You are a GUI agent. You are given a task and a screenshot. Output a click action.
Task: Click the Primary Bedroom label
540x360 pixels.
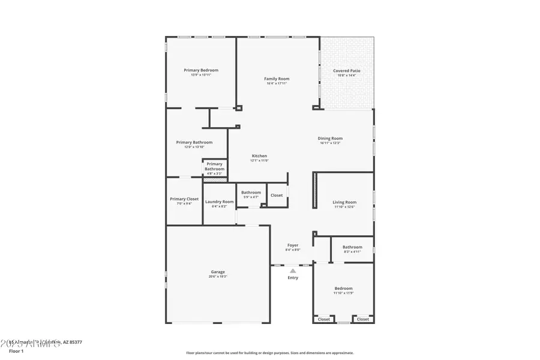[x=201, y=70]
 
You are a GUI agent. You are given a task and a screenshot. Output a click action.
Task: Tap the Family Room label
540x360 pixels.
[x=277, y=79]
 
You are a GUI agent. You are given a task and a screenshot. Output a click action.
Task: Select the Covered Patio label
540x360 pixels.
[x=347, y=71]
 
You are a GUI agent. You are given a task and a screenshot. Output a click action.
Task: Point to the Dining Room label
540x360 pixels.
[x=330, y=139]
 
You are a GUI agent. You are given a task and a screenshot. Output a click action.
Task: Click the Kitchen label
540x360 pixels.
[x=259, y=156]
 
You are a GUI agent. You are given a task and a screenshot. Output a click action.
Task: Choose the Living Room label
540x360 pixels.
[x=344, y=202]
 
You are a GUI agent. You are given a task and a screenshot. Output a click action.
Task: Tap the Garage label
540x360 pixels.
[x=217, y=272]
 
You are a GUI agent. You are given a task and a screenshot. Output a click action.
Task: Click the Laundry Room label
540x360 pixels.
[x=219, y=202]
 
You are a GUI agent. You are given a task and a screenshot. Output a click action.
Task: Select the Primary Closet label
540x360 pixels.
[x=184, y=199]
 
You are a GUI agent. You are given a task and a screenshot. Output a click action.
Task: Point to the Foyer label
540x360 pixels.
[x=293, y=245]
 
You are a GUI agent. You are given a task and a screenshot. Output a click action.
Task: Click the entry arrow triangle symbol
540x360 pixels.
[x=293, y=271]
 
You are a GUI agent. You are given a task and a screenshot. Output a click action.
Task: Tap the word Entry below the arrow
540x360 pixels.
[x=293, y=278]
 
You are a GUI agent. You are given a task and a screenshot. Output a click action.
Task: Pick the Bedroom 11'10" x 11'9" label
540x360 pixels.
[x=344, y=288]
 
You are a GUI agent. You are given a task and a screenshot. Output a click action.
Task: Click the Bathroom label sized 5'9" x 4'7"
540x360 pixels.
[x=251, y=193]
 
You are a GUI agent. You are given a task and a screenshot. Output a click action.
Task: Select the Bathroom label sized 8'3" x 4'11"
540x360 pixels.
[x=352, y=247]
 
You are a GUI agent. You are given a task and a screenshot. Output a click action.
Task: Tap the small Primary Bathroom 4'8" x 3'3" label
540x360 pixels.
[x=214, y=166]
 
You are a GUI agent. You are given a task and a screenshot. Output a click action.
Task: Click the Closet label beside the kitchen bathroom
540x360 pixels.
[x=277, y=195]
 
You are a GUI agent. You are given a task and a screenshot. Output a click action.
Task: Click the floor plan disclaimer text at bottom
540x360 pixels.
[x=270, y=353]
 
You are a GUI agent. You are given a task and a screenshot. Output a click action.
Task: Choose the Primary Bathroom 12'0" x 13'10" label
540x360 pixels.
[x=194, y=143]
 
